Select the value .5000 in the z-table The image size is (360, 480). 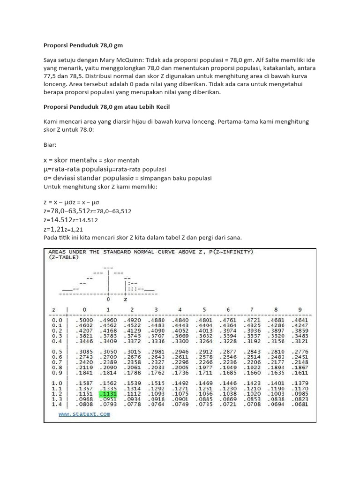84,320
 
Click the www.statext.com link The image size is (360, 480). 84,414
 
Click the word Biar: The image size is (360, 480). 51,145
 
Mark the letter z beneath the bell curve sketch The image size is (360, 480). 125,299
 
